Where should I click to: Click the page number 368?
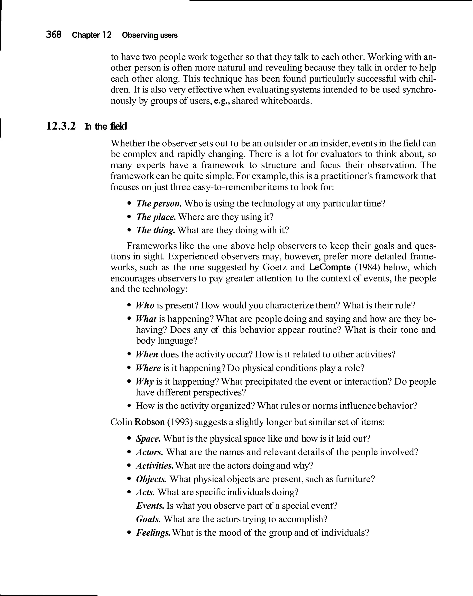point(54,35)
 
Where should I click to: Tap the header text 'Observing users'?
point(149,35)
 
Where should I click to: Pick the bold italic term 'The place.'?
point(156,217)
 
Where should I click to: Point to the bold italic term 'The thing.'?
point(155,230)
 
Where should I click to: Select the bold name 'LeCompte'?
point(330,267)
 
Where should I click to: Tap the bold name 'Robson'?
point(149,422)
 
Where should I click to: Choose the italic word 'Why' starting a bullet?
point(145,382)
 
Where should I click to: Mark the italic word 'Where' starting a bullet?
point(148,368)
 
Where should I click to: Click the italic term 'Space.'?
point(148,439)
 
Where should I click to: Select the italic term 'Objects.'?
point(151,479)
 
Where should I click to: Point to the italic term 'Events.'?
point(150,506)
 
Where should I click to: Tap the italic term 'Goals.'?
point(148,519)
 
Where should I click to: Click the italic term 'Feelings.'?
point(153,533)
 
